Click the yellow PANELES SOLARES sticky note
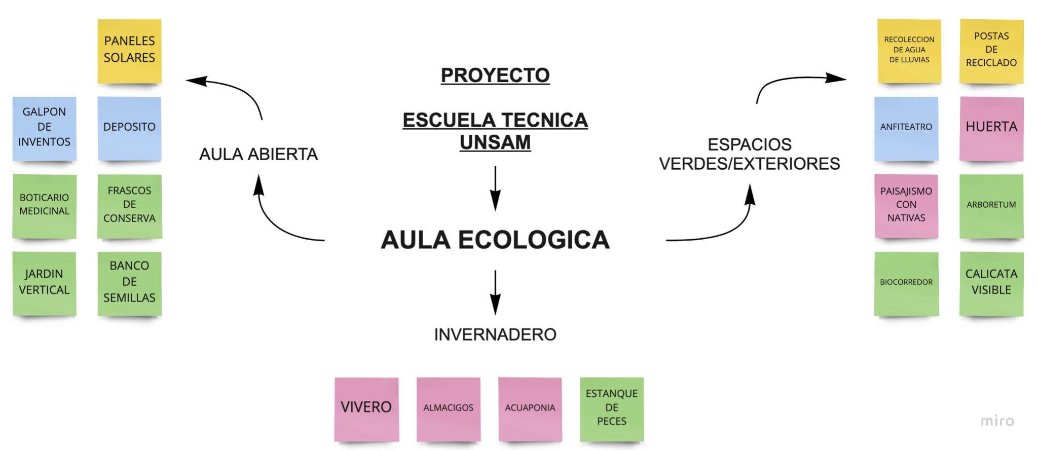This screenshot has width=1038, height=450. pos(129,51)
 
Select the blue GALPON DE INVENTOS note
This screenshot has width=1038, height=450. pos(44,128)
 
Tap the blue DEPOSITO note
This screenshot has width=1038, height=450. pos(129,128)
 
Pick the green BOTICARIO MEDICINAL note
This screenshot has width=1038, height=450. pos(44,206)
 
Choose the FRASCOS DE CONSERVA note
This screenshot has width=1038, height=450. pos(129,206)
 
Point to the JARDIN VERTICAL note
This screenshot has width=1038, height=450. pos(44,283)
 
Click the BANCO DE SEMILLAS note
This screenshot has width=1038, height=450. pos(129,283)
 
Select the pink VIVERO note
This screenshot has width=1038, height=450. pos(366,408)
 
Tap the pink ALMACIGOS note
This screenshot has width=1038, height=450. pos(448,408)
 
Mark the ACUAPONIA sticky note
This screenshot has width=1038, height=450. pos(530,408)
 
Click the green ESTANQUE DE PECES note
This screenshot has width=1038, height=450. pos(611,408)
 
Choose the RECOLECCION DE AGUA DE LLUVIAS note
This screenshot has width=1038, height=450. pos(909,51)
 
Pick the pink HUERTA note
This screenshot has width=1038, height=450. pos(991,128)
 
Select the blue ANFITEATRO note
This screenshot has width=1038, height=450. pos(906,128)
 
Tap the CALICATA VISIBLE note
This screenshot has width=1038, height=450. pos(991,283)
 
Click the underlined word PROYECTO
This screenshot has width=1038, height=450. pos(495,76)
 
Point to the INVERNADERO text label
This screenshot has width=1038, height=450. pos(495,334)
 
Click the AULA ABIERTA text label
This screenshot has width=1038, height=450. pos(258,154)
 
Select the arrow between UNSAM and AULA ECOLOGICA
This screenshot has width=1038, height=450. pos(495,188)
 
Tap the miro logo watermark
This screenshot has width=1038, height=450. pos(997,421)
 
